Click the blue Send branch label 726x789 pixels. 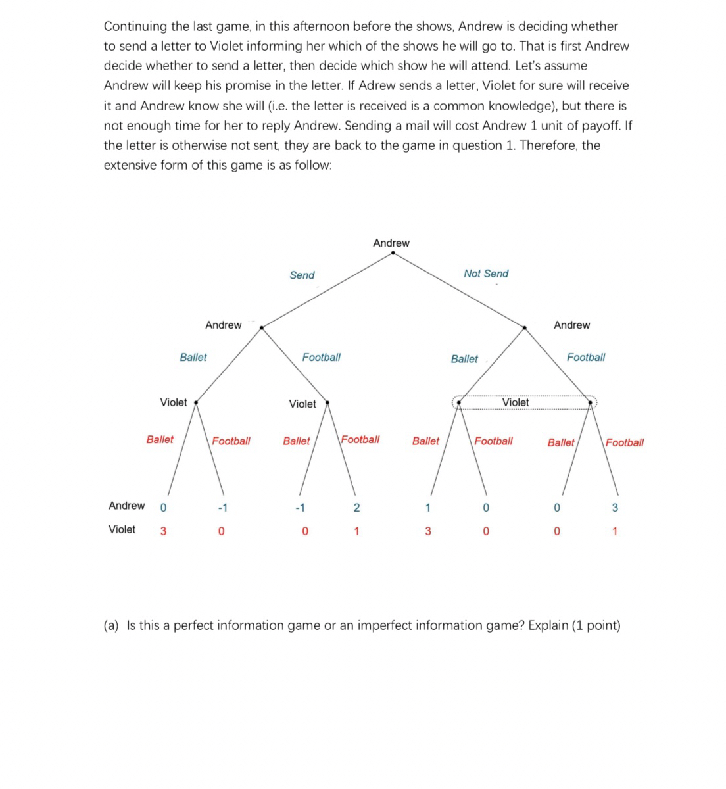click(x=302, y=275)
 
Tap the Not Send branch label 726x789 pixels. click(x=486, y=274)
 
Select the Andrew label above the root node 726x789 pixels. click(x=391, y=243)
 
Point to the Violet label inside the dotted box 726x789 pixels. click(x=516, y=402)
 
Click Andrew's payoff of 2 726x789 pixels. click(x=356, y=507)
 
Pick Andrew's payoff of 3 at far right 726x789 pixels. click(x=615, y=507)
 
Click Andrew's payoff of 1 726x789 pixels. click(x=427, y=507)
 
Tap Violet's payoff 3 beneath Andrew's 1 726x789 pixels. click(x=427, y=531)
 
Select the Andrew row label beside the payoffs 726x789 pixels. click(x=126, y=506)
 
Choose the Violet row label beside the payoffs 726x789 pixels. click(x=122, y=529)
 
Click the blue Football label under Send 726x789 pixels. click(x=321, y=357)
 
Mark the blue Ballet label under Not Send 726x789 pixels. click(x=464, y=359)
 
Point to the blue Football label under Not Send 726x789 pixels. click(x=586, y=357)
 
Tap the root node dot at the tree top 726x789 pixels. click(x=393, y=254)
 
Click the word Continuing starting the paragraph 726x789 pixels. click(x=135, y=26)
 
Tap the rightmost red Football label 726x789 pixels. click(x=625, y=442)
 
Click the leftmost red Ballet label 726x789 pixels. click(x=160, y=439)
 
